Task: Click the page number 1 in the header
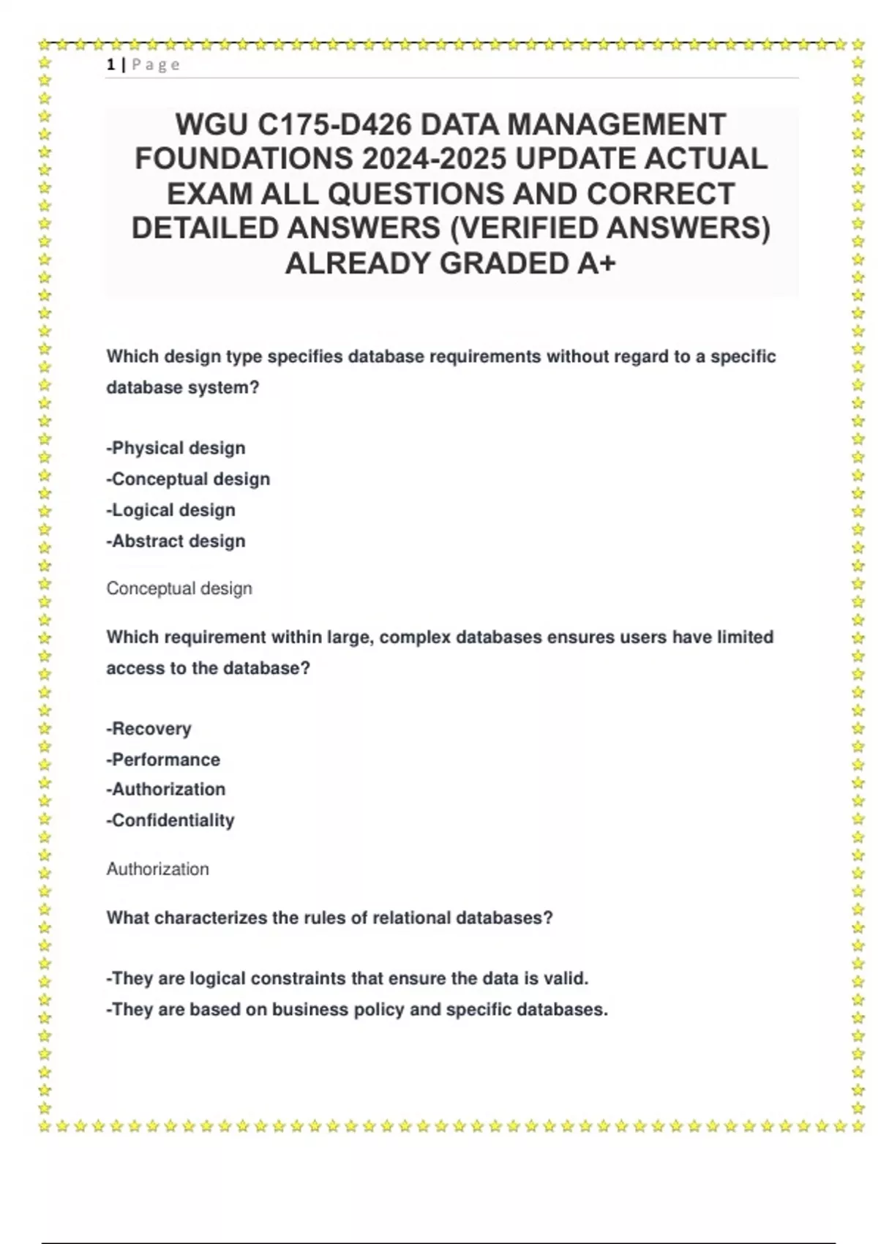(x=110, y=64)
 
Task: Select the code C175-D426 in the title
(x=334, y=124)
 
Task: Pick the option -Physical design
(x=176, y=448)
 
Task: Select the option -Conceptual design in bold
(x=188, y=479)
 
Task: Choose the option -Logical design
(x=170, y=510)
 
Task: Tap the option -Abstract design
(x=176, y=542)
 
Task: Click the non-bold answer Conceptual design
(x=179, y=588)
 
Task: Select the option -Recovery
(x=149, y=729)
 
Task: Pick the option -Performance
(x=163, y=760)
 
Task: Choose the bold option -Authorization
(x=165, y=790)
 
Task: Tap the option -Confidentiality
(x=170, y=820)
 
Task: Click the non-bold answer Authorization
(x=157, y=869)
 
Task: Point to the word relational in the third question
(x=412, y=918)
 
